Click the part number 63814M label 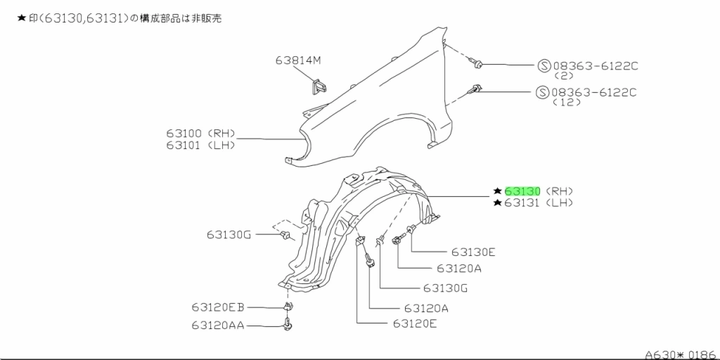click(x=297, y=60)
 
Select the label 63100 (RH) click(x=200, y=133)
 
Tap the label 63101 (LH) click(x=200, y=146)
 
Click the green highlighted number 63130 click(x=522, y=191)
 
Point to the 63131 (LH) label click(x=539, y=203)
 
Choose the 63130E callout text click(x=473, y=252)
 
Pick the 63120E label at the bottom click(x=415, y=323)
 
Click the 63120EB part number click(x=217, y=307)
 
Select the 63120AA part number click(x=217, y=325)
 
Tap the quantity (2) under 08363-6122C click(x=565, y=75)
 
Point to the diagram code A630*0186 click(x=680, y=354)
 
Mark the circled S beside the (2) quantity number click(x=544, y=65)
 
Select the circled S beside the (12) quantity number click(x=542, y=92)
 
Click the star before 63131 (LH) click(x=497, y=203)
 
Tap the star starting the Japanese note click(x=21, y=19)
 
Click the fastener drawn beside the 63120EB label click(x=288, y=307)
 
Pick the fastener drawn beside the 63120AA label click(x=288, y=325)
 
